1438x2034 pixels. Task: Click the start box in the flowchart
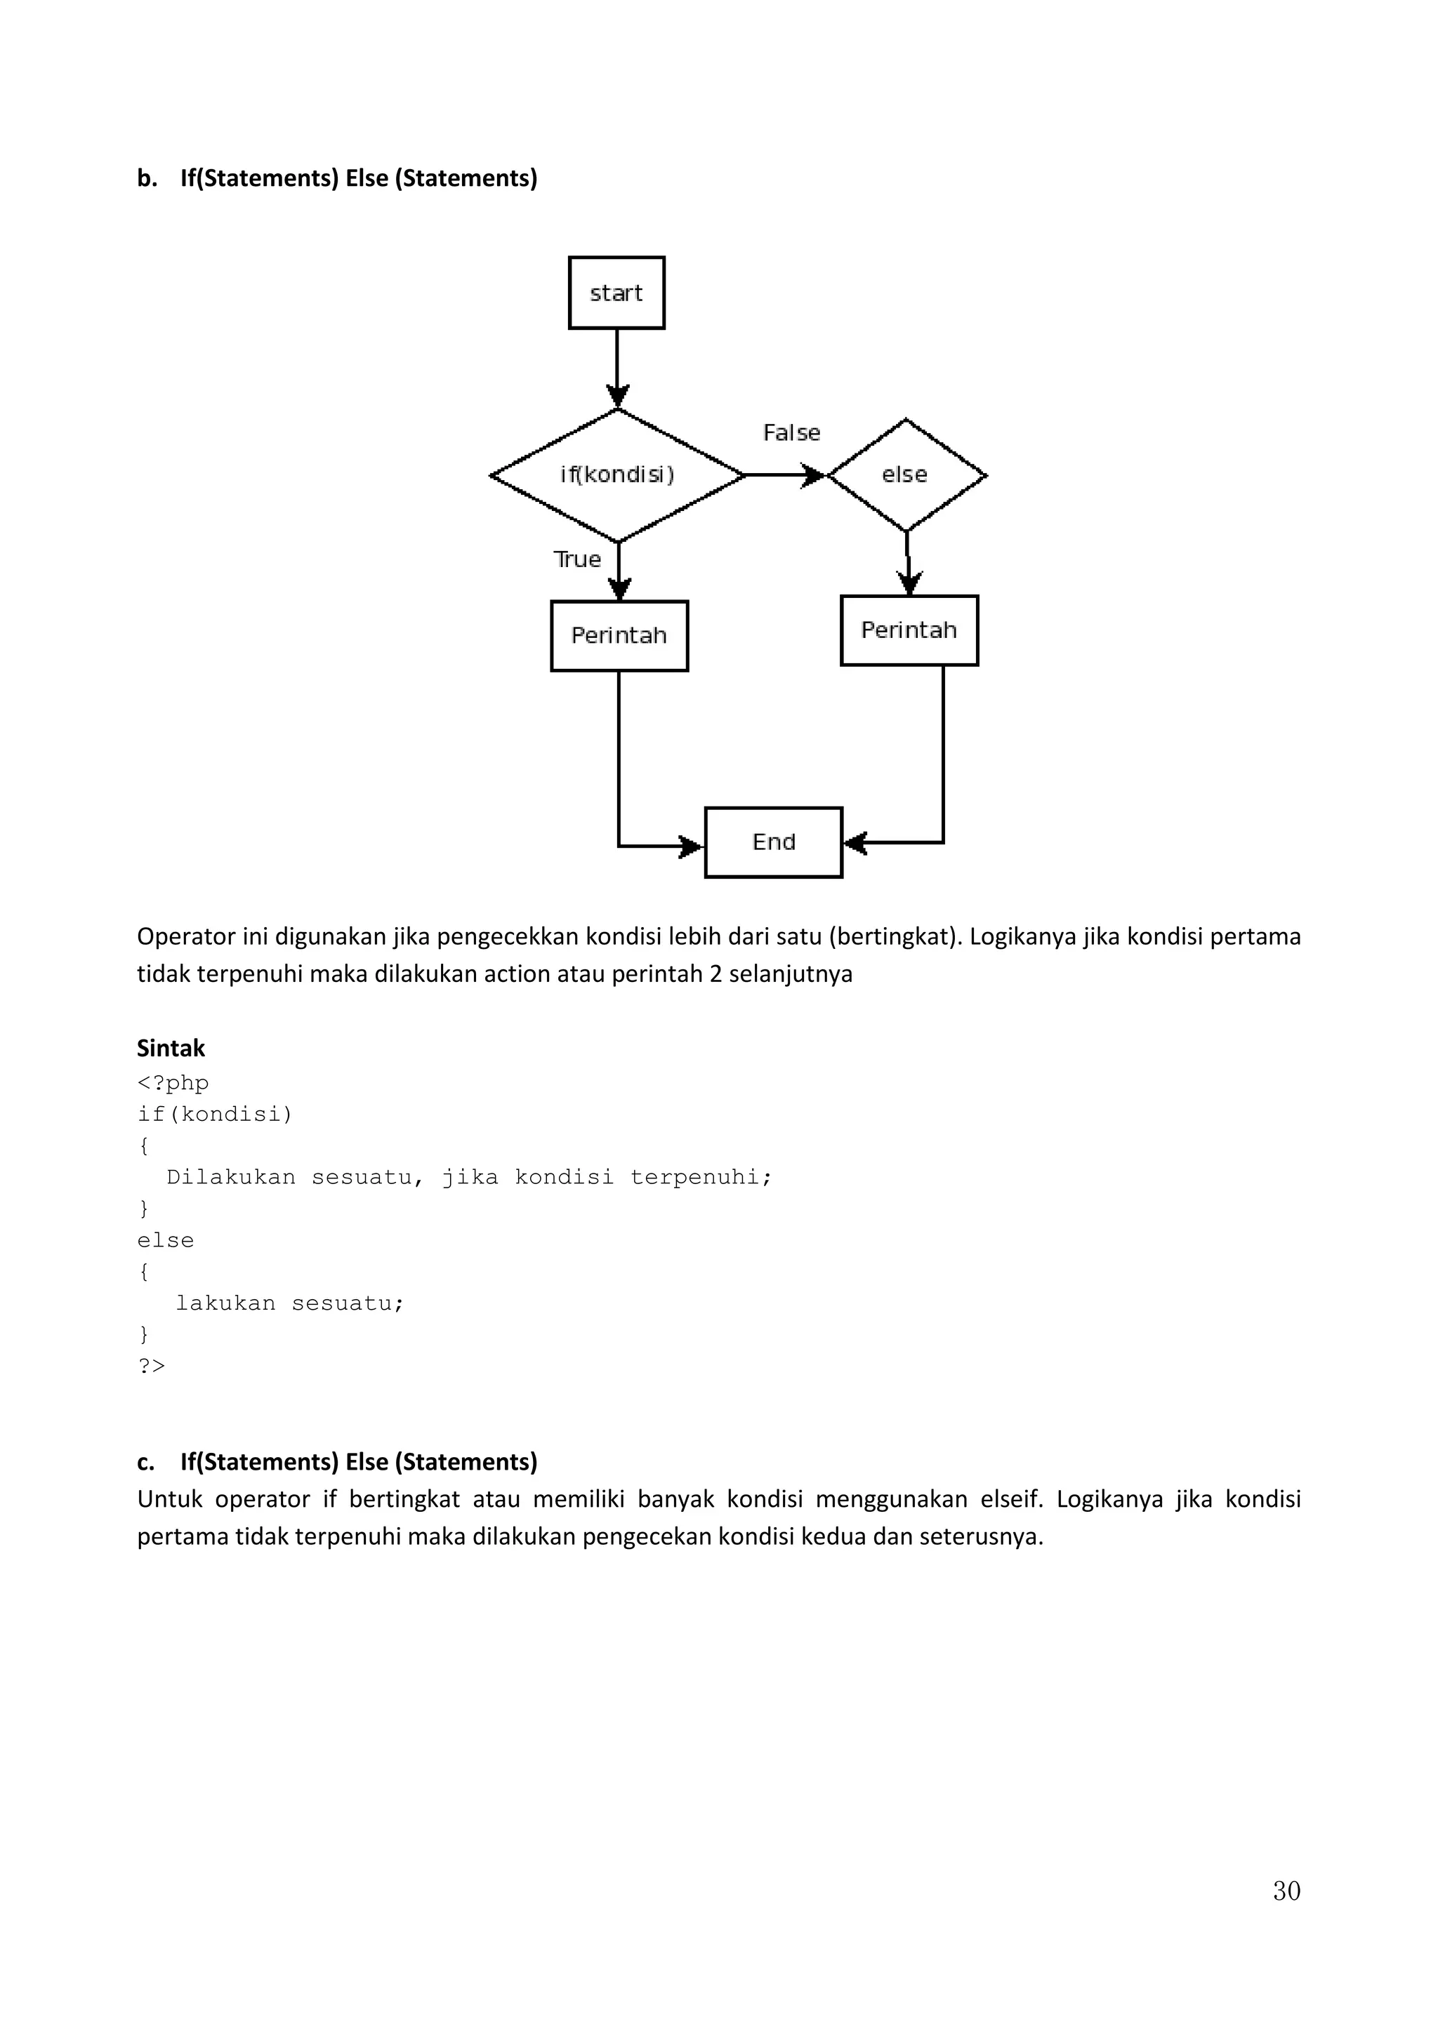pos(616,293)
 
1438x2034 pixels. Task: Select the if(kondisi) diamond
pos(616,475)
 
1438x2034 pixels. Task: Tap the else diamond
pos(906,475)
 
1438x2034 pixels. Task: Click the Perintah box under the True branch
pos(619,636)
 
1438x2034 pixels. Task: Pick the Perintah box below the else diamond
pos(909,631)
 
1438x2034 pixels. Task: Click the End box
pos(774,842)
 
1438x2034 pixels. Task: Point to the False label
pos(791,433)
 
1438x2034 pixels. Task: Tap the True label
pos(576,560)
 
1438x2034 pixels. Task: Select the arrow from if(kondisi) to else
pos(784,476)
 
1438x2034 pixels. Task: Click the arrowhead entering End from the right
pos(854,842)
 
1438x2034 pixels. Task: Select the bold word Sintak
pos(171,1049)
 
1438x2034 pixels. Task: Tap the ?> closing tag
pos(152,1366)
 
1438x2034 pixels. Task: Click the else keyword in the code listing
pos(166,1240)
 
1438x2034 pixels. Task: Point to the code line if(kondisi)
pos(214,1115)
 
